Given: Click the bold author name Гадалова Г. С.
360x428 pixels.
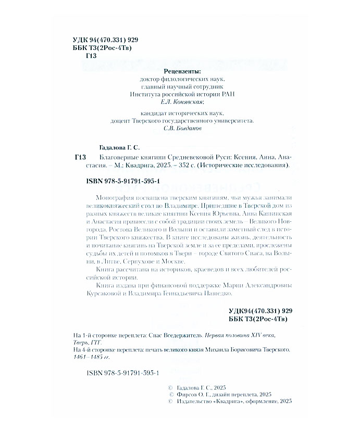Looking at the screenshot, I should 119,147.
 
